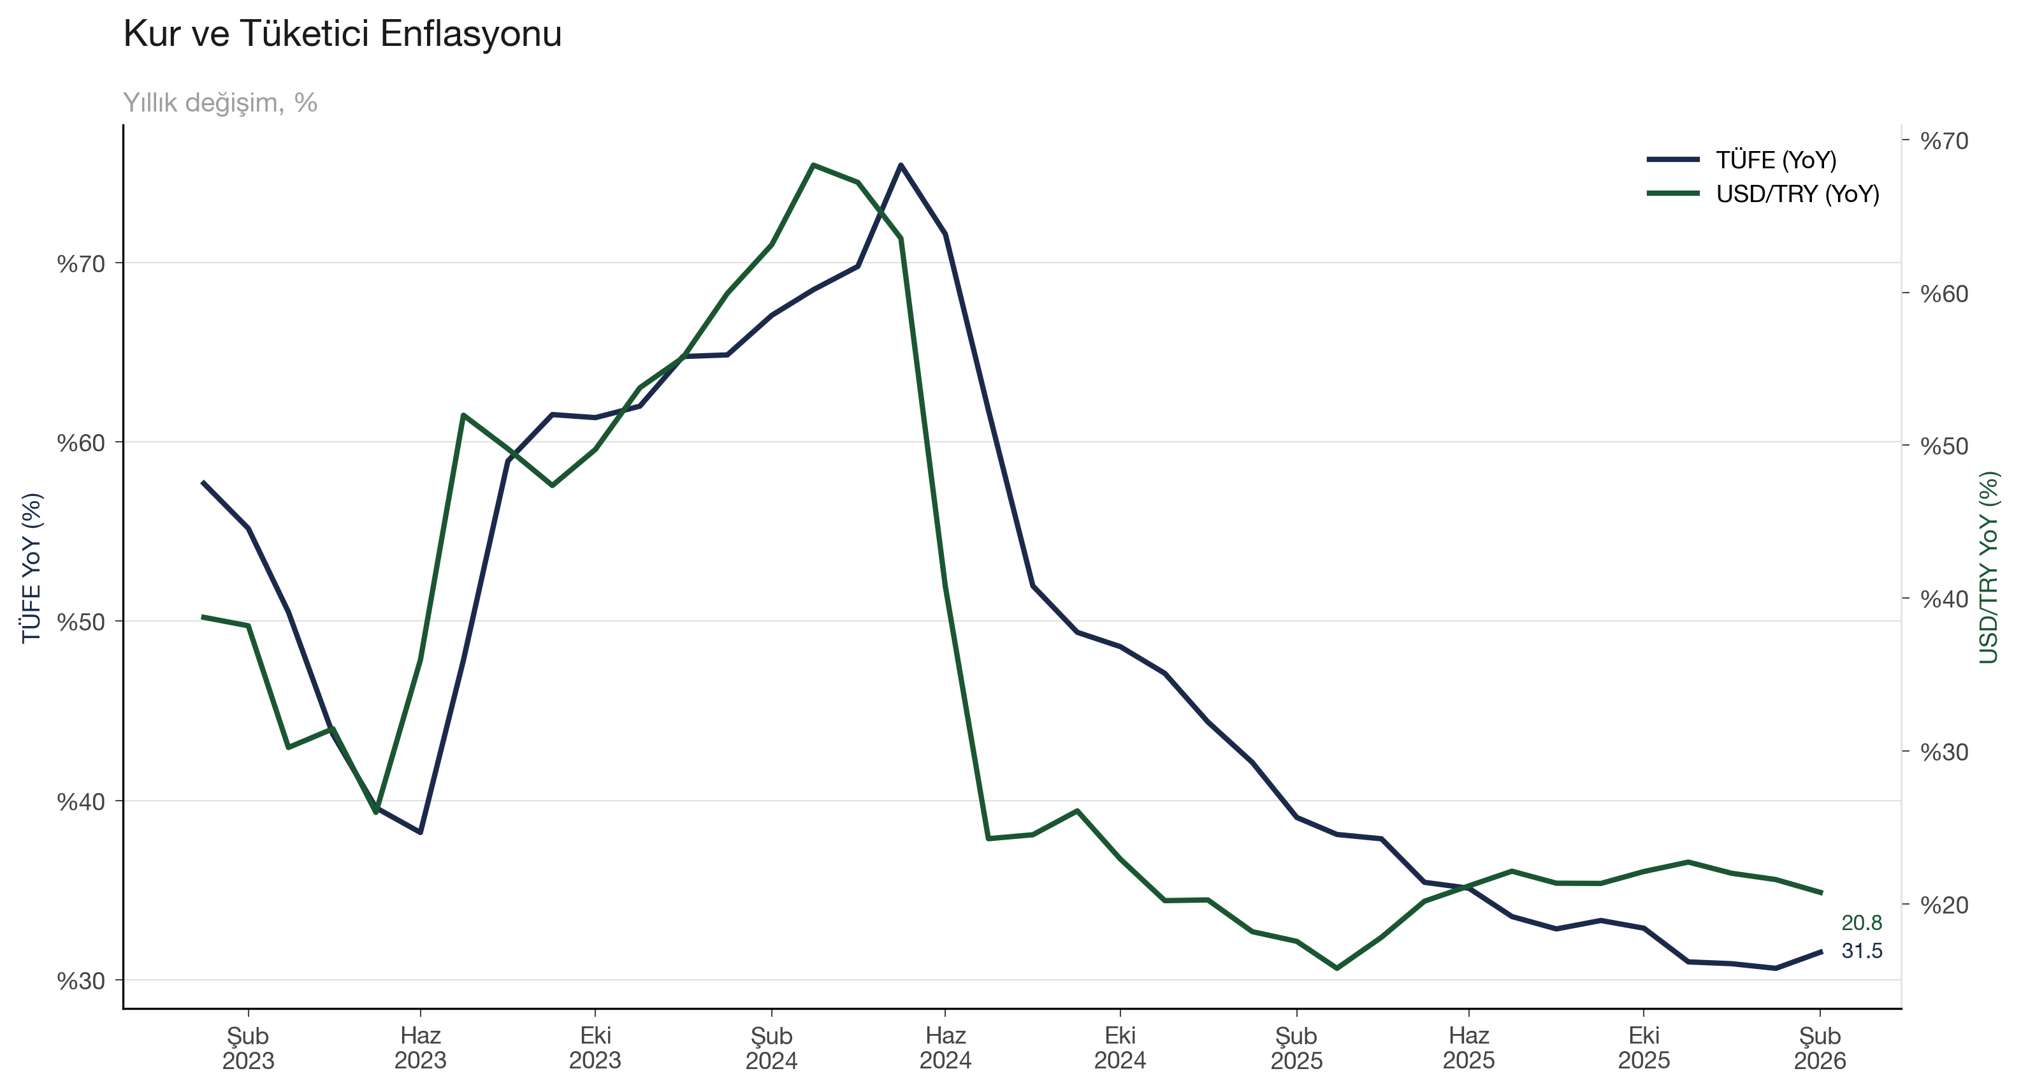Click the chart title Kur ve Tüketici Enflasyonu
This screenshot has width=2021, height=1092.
coord(342,34)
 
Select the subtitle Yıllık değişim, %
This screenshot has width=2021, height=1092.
coord(220,103)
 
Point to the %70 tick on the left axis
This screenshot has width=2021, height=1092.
coord(81,263)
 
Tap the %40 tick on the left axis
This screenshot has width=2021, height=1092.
coord(81,802)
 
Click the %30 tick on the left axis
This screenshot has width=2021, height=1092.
coord(81,980)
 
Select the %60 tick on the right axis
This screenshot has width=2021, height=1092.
coord(1944,293)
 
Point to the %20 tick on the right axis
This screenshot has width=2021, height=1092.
coord(1944,905)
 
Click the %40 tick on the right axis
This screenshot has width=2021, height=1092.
coord(1944,599)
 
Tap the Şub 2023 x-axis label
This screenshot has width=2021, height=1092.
coord(248,1048)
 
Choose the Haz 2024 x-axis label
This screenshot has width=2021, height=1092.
coord(945,1048)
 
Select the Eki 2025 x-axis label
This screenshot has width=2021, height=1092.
coord(1644,1048)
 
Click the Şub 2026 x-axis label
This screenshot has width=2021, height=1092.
coord(1820,1048)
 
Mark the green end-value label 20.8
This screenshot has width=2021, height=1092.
coord(1861,922)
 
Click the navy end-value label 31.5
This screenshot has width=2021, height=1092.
coord(1861,950)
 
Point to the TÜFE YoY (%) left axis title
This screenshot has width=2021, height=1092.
coord(31,568)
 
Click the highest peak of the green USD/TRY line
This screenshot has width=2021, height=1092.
coord(814,164)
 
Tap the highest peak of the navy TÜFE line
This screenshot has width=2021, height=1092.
coord(901,164)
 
